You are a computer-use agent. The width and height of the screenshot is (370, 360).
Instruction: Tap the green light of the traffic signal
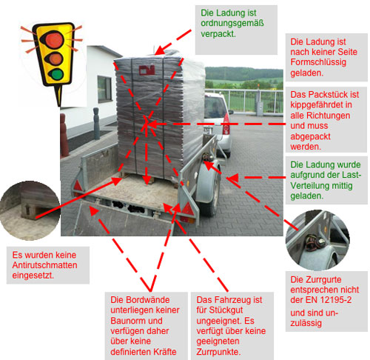point(56,74)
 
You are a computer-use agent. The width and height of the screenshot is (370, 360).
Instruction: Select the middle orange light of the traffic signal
point(55,59)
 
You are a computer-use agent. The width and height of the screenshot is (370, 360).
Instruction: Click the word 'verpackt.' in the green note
point(218,34)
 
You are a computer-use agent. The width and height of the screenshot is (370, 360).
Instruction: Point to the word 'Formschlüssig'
point(318,62)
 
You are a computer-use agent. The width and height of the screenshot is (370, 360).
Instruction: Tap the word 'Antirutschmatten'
point(44,265)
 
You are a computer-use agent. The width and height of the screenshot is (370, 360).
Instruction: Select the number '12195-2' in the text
point(337,300)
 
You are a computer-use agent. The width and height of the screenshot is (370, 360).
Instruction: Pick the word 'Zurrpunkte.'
point(218,352)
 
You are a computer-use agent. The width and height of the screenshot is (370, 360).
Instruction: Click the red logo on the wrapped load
point(147,70)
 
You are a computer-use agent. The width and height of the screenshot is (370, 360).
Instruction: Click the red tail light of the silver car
point(226,124)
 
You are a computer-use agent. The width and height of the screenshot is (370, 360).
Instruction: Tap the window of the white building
point(104,89)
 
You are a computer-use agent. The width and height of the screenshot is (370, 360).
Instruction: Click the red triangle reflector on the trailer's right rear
point(188,209)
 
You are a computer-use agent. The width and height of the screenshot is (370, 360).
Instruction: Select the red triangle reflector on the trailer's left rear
point(78,186)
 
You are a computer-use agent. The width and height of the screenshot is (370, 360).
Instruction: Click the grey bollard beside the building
point(96,124)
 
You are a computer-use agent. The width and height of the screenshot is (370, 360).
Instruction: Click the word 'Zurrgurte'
point(316,279)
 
